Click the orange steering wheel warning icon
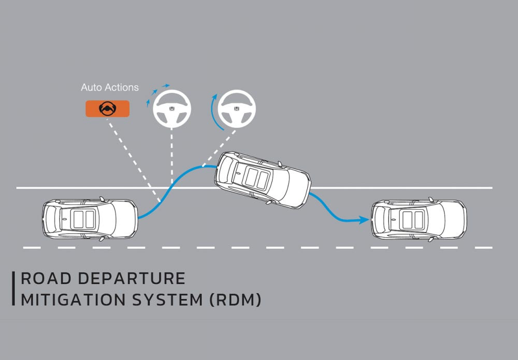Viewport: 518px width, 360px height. click(x=107, y=108)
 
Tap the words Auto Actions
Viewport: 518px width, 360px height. click(x=110, y=88)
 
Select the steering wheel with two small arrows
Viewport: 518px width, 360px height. click(x=172, y=109)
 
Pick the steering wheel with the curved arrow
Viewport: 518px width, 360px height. click(x=236, y=109)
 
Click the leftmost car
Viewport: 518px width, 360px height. click(x=89, y=219)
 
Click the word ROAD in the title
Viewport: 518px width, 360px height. click(x=42, y=279)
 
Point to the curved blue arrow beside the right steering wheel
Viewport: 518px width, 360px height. click(x=213, y=110)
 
